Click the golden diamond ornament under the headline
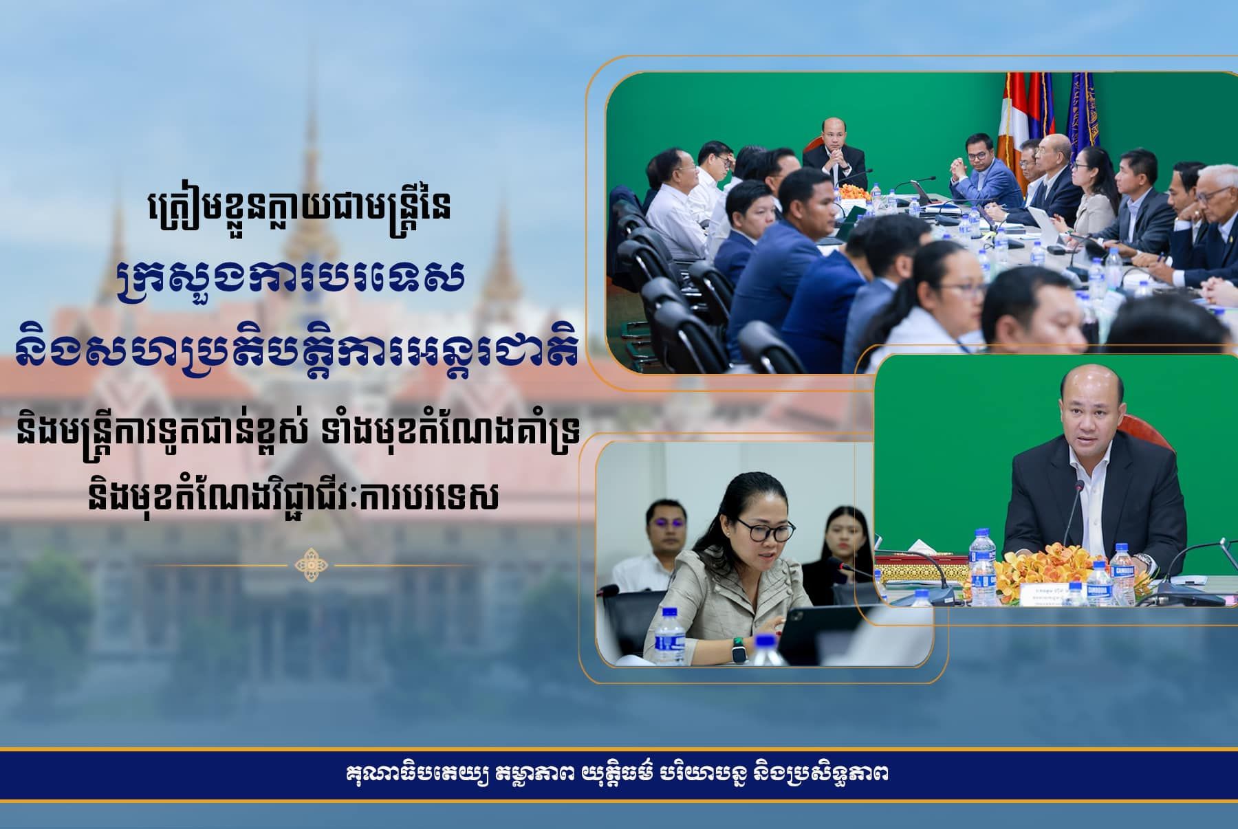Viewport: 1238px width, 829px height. tap(312, 565)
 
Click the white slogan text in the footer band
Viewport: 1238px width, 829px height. tap(617, 775)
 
